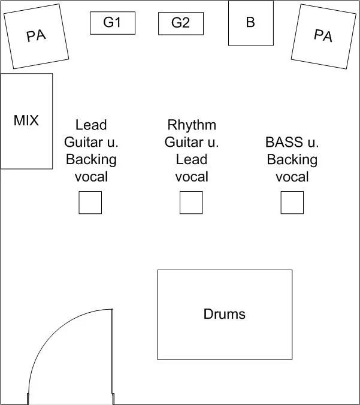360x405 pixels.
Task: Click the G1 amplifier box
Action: [112, 23]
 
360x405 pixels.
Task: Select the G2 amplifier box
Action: [180, 23]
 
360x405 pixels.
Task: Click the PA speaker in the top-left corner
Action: [36, 36]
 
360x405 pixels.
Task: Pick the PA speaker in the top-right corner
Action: [323, 36]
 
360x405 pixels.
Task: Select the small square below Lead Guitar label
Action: [90, 202]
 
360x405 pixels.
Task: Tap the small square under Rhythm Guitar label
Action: [191, 202]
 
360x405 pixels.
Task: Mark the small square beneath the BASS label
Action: [292, 202]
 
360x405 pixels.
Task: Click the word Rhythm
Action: [192, 125]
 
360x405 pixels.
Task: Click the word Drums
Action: [225, 314]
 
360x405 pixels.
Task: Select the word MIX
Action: [26, 120]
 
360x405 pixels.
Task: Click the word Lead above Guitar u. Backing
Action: [91, 125]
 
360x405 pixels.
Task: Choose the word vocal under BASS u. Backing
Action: [292, 177]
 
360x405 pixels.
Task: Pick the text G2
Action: [180, 23]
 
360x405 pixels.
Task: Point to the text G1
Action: [112, 23]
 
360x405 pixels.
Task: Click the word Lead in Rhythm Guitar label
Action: [192, 159]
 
